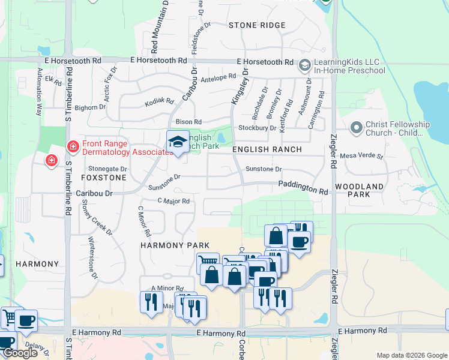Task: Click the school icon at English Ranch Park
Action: [178, 142]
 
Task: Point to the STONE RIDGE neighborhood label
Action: [257, 25]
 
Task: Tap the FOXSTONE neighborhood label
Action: [104, 178]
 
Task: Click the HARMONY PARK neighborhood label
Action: [175, 245]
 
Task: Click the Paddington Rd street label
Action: [303, 188]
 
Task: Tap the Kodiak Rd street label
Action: [159, 103]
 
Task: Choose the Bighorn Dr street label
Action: [90, 107]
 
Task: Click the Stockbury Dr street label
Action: [257, 128]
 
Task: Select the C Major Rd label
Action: [173, 201]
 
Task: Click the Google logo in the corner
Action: [20, 353]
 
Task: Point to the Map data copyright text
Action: [411, 355]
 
